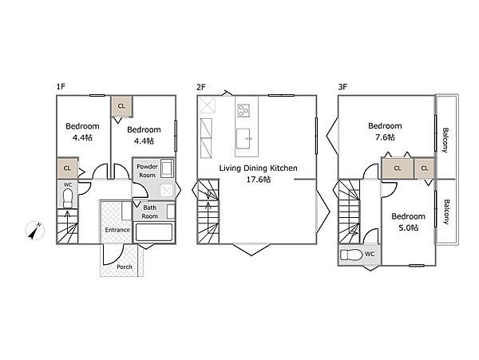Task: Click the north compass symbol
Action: [x=35, y=230]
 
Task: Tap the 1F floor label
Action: [x=61, y=87]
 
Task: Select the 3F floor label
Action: [x=342, y=87]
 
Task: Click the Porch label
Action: [x=125, y=267]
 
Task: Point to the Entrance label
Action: [x=117, y=230]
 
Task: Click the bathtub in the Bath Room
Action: [x=153, y=232]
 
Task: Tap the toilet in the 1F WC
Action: [x=68, y=198]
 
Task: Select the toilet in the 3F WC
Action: [x=351, y=255]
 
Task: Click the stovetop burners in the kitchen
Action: [x=243, y=110]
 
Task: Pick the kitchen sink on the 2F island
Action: [x=243, y=138]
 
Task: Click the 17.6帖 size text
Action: [x=259, y=180]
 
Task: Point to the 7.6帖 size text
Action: [x=385, y=137]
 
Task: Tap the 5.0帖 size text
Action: [x=409, y=227]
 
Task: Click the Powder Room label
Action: [x=147, y=171]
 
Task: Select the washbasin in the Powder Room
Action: [x=167, y=168]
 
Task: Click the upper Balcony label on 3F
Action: [x=445, y=140]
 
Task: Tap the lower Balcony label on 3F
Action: [x=446, y=212]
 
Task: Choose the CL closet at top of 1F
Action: [x=121, y=106]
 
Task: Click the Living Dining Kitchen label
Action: [x=259, y=168]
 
